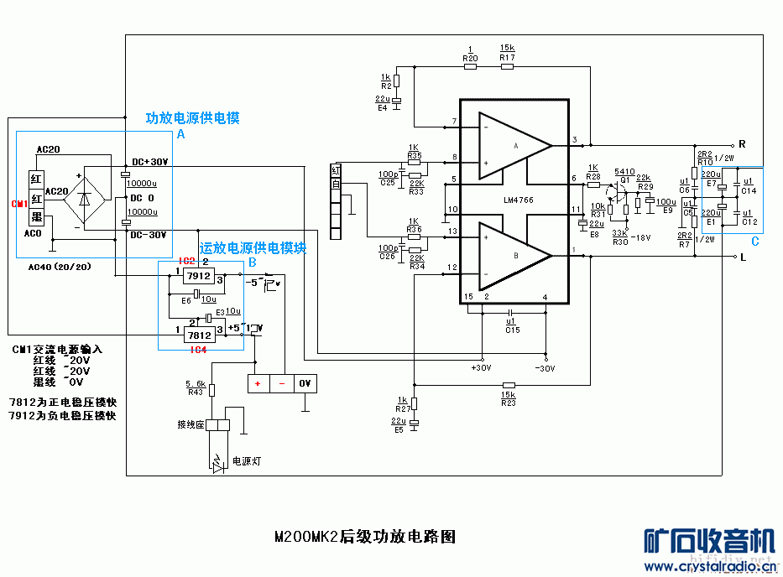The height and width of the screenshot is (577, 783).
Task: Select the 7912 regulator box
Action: tap(198, 275)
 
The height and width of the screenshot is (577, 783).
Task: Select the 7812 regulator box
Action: tap(198, 335)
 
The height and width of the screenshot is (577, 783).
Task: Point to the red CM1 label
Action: tap(19, 204)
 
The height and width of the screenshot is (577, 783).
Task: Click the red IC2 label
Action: tap(186, 262)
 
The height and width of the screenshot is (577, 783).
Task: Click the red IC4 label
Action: tap(198, 349)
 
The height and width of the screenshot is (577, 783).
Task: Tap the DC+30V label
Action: tap(150, 162)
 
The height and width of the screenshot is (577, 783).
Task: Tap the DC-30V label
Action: tap(150, 235)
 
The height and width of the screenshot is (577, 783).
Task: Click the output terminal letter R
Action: tap(742, 143)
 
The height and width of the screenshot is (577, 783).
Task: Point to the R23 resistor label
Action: tap(508, 403)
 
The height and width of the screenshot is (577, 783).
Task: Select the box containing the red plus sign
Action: tap(258, 383)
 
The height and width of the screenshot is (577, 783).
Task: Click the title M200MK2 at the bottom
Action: tap(305, 535)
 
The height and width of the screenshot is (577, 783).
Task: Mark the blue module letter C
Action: tap(754, 242)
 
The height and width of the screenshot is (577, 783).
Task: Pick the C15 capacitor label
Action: tap(513, 330)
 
